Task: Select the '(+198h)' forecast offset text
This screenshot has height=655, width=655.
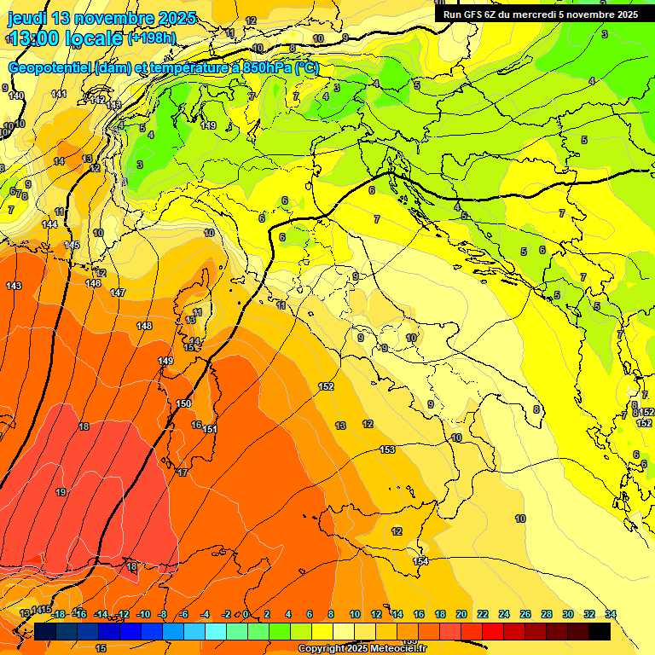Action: [x=152, y=38]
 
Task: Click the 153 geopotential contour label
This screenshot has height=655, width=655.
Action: [x=387, y=449]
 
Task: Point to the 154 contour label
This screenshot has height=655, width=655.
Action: [x=420, y=560]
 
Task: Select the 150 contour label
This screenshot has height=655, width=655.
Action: [x=183, y=403]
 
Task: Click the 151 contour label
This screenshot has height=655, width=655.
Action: [x=210, y=429]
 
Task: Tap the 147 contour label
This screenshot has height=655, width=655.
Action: [x=118, y=293]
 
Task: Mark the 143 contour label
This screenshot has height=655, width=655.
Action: [x=14, y=286]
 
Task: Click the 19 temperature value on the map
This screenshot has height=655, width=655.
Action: [x=61, y=492]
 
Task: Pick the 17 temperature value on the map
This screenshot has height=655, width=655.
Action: [x=183, y=472]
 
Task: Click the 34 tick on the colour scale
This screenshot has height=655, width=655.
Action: [x=611, y=614]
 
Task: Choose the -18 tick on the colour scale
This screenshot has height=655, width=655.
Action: [x=58, y=614]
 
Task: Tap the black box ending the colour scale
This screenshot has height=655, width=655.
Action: [x=600, y=631]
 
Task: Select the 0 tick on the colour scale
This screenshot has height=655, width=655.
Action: [x=246, y=614]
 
